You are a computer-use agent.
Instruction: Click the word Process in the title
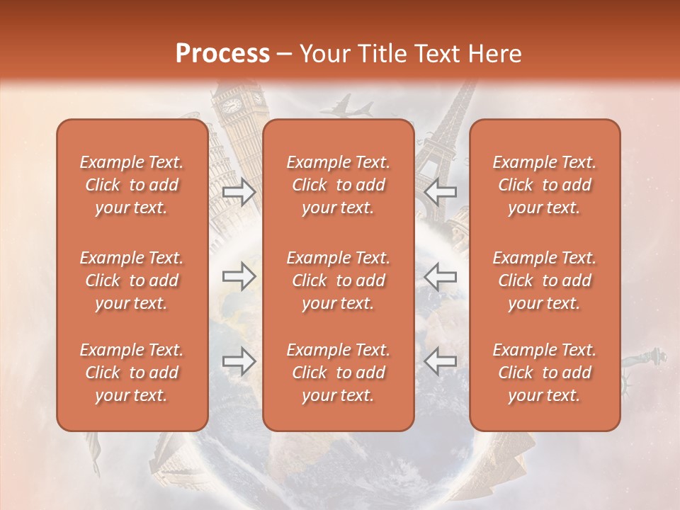tap(222, 54)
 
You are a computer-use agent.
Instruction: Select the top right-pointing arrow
tap(239, 191)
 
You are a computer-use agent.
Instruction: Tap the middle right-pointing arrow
tap(239, 276)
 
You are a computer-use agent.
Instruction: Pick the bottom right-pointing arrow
tap(239, 362)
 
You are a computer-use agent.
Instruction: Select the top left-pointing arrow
tap(441, 191)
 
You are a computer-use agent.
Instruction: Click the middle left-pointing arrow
tap(441, 276)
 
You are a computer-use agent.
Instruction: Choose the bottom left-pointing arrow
tap(441, 362)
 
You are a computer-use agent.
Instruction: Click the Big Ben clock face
tap(232, 105)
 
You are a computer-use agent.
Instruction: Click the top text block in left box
tap(132, 185)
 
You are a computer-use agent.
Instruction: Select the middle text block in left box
tap(132, 280)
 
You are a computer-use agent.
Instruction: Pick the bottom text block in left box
tap(132, 373)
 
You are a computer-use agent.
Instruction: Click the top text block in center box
tap(338, 185)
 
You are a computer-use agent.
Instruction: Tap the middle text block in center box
tap(338, 280)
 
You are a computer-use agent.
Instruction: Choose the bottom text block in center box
tap(338, 373)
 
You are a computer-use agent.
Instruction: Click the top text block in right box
tap(544, 185)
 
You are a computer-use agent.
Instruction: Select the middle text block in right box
tap(544, 280)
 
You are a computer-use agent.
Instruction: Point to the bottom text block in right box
tap(544, 373)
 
